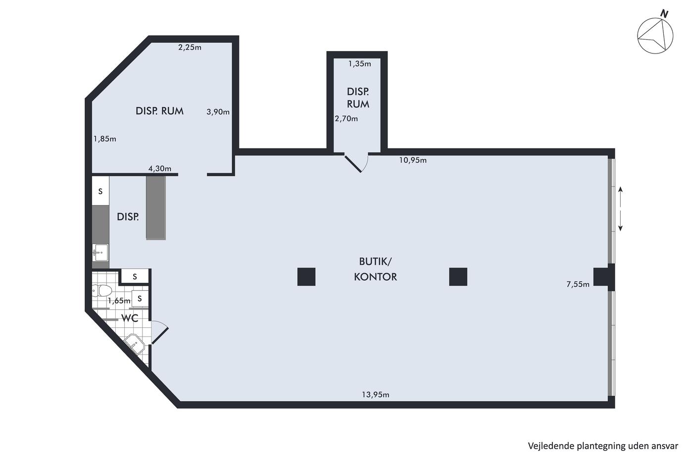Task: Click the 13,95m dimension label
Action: pyautogui.click(x=375, y=395)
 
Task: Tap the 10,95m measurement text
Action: pyautogui.click(x=413, y=160)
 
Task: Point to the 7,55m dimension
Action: pyautogui.click(x=578, y=284)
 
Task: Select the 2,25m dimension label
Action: pyautogui.click(x=190, y=48)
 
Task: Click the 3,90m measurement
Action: pyautogui.click(x=218, y=112)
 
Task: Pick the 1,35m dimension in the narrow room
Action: pyautogui.click(x=359, y=64)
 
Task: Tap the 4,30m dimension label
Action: pyautogui.click(x=159, y=169)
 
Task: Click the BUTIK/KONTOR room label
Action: pyautogui.click(x=375, y=269)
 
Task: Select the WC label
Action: pyautogui.click(x=130, y=318)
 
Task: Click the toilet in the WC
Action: pyautogui.click(x=101, y=291)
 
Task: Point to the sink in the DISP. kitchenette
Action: pyautogui.click(x=100, y=253)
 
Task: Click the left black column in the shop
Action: pyautogui.click(x=306, y=277)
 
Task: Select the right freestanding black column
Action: pyautogui.click(x=458, y=277)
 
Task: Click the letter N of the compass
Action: pyautogui.click(x=664, y=14)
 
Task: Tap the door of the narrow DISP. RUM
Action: pyautogui.click(x=353, y=164)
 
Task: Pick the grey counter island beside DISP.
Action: pyautogui.click(x=156, y=207)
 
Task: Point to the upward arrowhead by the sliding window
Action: pyautogui.click(x=620, y=189)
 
